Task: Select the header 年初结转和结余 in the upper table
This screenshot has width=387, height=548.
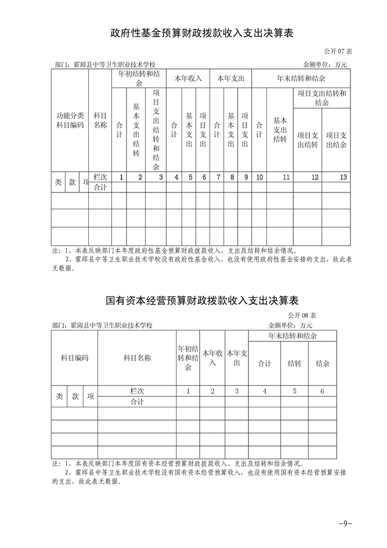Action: (139, 78)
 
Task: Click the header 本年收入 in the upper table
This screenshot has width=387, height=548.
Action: (188, 78)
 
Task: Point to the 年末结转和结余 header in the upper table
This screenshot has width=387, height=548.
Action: (301, 78)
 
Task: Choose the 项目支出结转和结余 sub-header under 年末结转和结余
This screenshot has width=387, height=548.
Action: (322, 98)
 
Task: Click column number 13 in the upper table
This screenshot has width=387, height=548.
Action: (344, 177)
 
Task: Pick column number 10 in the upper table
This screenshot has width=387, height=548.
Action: (259, 177)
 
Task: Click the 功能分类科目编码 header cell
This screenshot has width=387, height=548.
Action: (70, 120)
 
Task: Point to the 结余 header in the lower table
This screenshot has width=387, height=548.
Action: (322, 363)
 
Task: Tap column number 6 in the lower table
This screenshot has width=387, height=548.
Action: (322, 391)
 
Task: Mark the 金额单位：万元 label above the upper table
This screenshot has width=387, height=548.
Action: (325, 64)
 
